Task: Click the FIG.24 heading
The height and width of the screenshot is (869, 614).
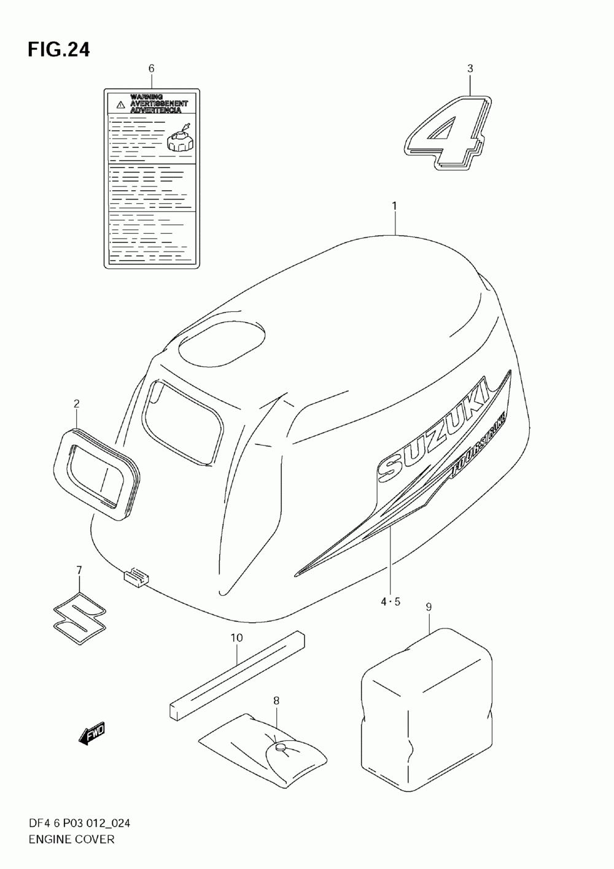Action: (58, 50)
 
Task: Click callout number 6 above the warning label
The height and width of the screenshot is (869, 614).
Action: (152, 68)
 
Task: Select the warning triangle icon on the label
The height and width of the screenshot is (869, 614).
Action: (120, 105)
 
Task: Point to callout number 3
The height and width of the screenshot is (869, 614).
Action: (470, 69)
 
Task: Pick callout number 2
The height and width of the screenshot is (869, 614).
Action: (77, 403)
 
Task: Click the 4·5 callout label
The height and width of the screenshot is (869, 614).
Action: (390, 601)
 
